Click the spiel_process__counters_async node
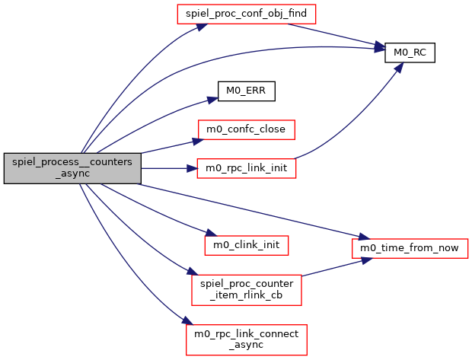point(72,168)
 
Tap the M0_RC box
point(410,52)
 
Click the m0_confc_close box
point(246,129)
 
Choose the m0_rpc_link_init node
point(246,168)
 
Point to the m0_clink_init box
point(246,246)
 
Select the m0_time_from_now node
point(409,247)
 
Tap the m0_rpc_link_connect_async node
point(246,339)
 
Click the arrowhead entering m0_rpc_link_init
point(191,168)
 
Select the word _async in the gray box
point(72,174)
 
